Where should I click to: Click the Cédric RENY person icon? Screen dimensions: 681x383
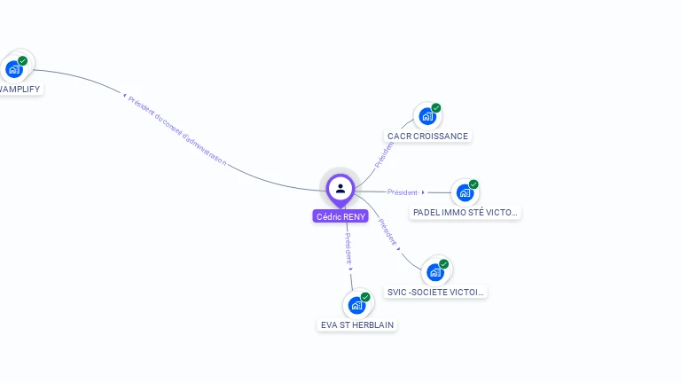(340, 188)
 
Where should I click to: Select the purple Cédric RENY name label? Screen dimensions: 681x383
(340, 216)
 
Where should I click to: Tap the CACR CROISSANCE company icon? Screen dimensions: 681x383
(427, 116)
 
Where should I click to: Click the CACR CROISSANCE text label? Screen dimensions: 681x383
(427, 137)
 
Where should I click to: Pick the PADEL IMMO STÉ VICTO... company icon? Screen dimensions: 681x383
(465, 192)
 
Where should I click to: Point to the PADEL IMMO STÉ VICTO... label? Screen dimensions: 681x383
(466, 213)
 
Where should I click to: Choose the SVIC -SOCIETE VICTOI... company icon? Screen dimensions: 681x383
(435, 271)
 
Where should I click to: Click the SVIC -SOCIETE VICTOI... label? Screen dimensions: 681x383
(436, 292)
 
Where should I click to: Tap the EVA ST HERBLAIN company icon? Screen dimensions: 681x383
(356, 305)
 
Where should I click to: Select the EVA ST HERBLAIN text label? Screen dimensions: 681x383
(357, 325)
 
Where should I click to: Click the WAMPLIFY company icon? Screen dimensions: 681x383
(14, 68)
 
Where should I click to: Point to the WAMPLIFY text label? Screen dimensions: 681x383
(20, 90)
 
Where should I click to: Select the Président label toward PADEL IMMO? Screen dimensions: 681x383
(402, 192)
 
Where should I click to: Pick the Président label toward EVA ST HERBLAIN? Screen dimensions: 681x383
(348, 248)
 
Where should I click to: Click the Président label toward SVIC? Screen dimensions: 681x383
(387, 231)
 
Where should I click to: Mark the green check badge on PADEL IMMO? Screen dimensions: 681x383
(474, 184)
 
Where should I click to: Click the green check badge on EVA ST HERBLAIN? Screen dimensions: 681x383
(365, 297)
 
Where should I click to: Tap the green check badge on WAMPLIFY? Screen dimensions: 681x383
(23, 60)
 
